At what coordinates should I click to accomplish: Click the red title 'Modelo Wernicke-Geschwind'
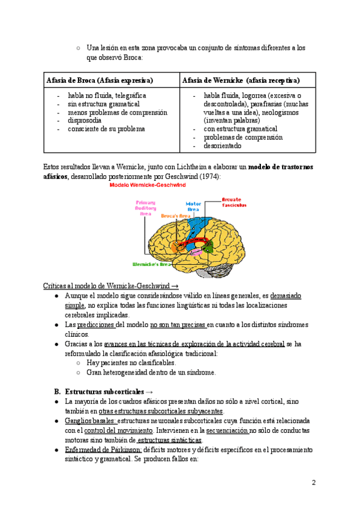click(146, 187)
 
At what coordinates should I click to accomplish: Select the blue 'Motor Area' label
click(193, 207)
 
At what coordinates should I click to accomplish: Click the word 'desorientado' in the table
click(223, 146)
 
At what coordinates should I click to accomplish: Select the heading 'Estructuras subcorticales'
click(103, 391)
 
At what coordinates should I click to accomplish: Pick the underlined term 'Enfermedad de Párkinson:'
click(103, 450)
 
